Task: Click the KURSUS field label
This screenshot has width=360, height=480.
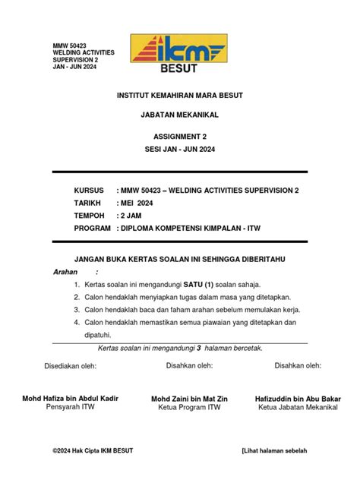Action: pyautogui.click(x=90, y=191)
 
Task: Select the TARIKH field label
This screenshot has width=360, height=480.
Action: pyautogui.click(x=90, y=203)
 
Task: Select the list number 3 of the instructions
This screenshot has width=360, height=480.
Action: pyautogui.click(x=77, y=310)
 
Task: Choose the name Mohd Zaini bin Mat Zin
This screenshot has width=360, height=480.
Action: pyautogui.click(x=189, y=399)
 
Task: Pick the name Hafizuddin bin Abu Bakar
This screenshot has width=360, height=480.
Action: pyautogui.click(x=298, y=399)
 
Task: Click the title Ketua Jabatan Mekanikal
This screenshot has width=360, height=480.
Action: pyautogui.click(x=298, y=409)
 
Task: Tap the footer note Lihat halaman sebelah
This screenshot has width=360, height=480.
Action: pyautogui.click(x=276, y=450)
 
